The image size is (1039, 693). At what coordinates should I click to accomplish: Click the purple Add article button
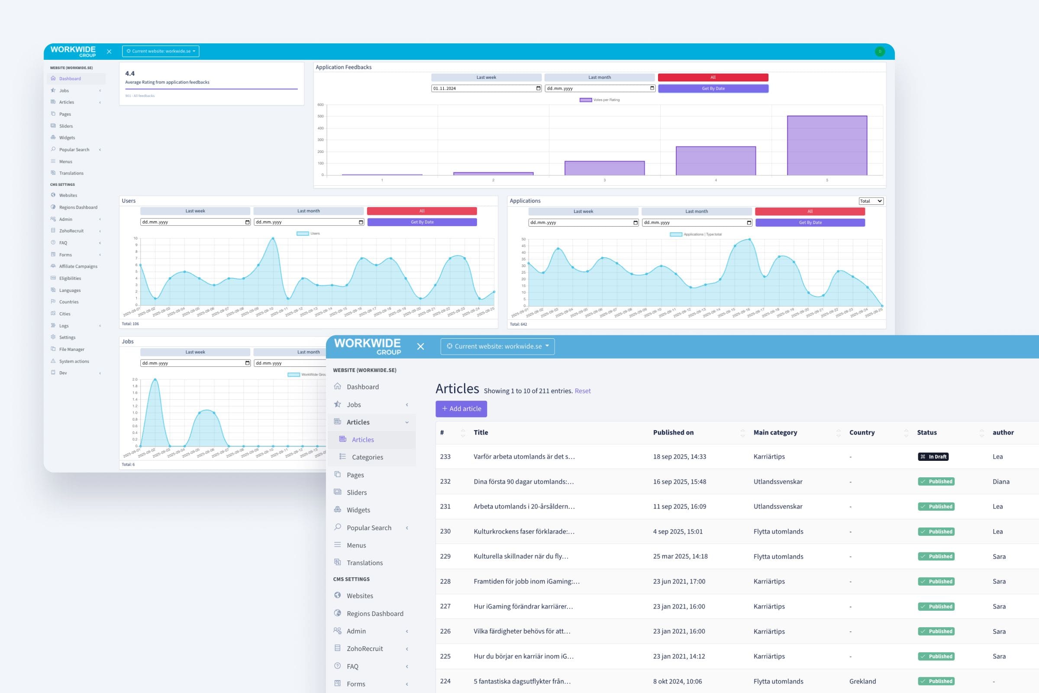[461, 409]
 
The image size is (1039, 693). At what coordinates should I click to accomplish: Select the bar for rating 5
[827, 146]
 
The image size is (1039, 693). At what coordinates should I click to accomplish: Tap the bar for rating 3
[604, 168]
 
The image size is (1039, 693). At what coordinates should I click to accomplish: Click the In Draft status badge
[933, 457]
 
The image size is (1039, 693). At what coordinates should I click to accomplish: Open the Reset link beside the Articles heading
[582, 391]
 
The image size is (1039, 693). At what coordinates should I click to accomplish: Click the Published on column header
[673, 433]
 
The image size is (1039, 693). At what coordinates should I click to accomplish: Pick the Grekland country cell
[862, 681]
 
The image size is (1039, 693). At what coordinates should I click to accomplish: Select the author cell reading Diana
[1000, 482]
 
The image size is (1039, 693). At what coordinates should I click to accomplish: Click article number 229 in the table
[445, 557]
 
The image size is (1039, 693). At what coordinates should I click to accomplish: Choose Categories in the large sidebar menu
[367, 457]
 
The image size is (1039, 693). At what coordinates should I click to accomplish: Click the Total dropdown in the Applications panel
[871, 201]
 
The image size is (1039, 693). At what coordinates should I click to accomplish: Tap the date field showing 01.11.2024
[486, 88]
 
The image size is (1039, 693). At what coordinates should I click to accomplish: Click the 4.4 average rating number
[130, 74]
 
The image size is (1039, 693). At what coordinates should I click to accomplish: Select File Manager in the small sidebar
[71, 349]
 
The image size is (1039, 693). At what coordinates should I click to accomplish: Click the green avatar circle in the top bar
[880, 51]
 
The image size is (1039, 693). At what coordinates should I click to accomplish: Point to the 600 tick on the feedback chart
[320, 105]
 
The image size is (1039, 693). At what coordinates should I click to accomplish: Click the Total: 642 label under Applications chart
[518, 324]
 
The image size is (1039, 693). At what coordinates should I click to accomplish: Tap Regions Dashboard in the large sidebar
[374, 613]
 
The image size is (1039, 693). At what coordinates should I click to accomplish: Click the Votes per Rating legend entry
[600, 100]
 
